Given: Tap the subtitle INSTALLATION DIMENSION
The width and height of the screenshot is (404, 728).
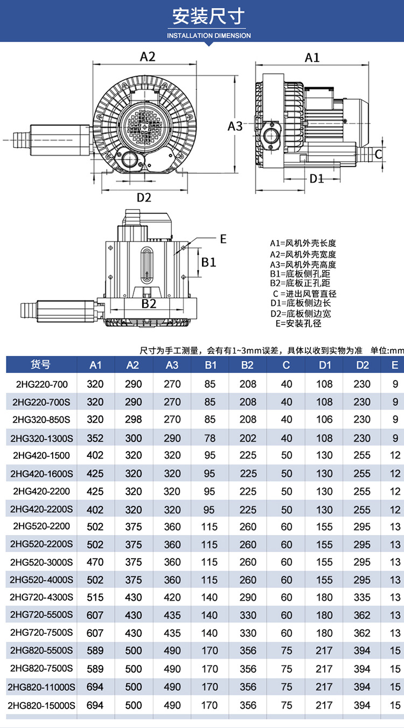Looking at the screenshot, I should pyautogui.click(x=208, y=36).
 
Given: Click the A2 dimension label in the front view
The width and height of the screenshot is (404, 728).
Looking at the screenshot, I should pyautogui.click(x=148, y=57).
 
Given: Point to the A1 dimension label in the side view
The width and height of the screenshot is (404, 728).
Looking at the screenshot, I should pyautogui.click(x=312, y=58).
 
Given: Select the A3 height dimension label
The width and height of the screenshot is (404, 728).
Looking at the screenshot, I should pyautogui.click(x=235, y=126).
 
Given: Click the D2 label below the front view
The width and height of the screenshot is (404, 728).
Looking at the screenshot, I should pyautogui.click(x=143, y=197).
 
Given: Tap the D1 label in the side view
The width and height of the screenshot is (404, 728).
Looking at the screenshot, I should pyautogui.click(x=317, y=178).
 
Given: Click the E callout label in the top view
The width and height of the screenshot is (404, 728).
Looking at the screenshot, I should pyautogui.click(x=224, y=239).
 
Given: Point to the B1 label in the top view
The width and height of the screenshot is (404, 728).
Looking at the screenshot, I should pyautogui.click(x=208, y=262).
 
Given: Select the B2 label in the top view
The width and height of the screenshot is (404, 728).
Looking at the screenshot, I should pyautogui.click(x=149, y=303).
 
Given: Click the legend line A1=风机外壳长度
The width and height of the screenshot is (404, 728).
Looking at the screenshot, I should pyautogui.click(x=303, y=243).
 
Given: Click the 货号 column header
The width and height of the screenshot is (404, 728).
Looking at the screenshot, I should pyautogui.click(x=40, y=365).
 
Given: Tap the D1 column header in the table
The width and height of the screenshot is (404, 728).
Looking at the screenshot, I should pyautogui.click(x=325, y=365).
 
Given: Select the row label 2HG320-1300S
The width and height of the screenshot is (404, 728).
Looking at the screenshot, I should pyautogui.click(x=41, y=438).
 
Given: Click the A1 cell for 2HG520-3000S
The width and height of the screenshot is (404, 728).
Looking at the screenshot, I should pyautogui.click(x=95, y=562).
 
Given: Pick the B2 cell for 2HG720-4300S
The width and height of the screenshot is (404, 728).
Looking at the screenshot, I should pyautogui.click(x=248, y=597).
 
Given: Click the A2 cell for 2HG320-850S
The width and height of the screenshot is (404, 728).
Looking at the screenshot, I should pyautogui.click(x=133, y=419).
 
